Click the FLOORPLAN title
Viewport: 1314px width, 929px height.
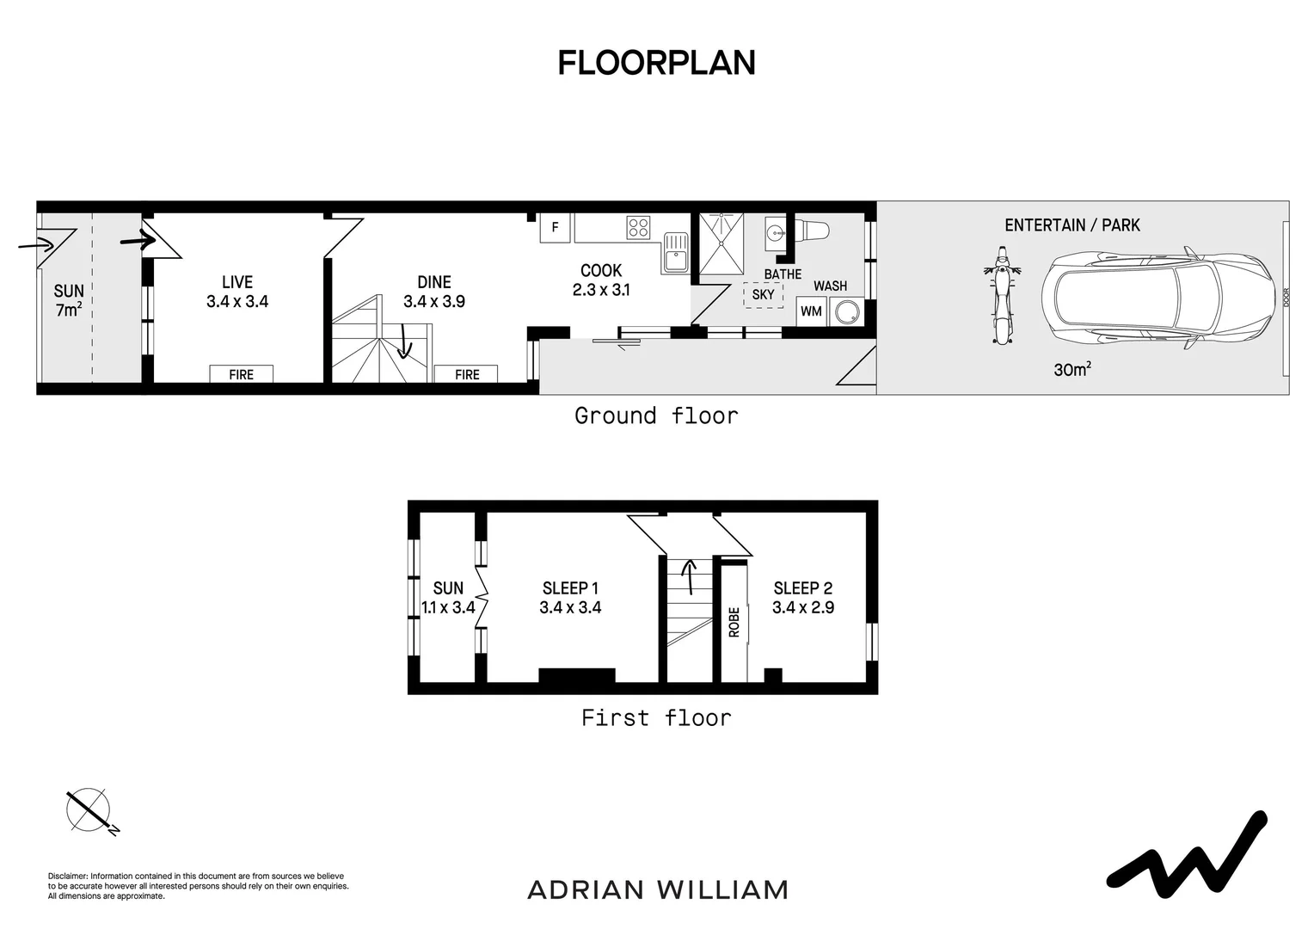(x=656, y=63)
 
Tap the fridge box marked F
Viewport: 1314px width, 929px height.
(x=555, y=228)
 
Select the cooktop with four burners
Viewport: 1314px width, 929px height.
(x=638, y=228)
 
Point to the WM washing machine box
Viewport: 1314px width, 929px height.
(x=811, y=311)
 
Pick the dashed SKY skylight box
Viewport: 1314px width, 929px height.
(x=763, y=294)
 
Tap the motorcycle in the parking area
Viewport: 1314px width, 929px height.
(x=1002, y=295)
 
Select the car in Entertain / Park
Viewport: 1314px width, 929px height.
(x=1158, y=298)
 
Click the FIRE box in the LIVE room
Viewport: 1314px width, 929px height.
(x=241, y=374)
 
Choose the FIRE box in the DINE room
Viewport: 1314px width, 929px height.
(x=467, y=374)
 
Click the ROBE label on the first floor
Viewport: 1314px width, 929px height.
(x=734, y=622)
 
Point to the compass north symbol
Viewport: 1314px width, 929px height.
(x=89, y=811)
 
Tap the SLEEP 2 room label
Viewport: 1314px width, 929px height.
(x=802, y=588)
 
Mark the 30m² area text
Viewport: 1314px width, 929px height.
(x=1072, y=369)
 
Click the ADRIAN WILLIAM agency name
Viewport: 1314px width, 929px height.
(x=658, y=890)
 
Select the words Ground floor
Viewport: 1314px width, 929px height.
(x=656, y=416)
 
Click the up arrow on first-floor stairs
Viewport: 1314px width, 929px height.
(x=690, y=576)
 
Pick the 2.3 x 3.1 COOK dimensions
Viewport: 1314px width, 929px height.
(x=601, y=290)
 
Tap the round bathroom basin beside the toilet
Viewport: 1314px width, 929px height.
(x=776, y=232)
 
